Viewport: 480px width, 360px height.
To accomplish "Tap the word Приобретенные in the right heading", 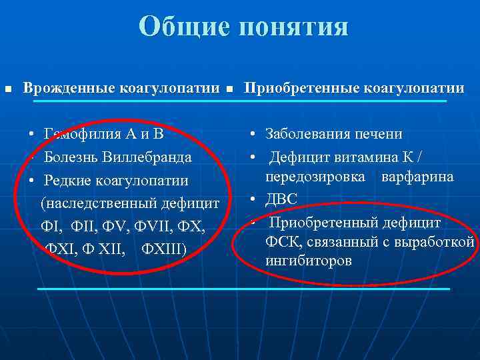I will point(300,88).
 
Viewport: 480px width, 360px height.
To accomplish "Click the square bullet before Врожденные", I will point(8,89).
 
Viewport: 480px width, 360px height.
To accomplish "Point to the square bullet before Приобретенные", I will point(230,89).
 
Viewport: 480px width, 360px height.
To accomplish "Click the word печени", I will point(379,133).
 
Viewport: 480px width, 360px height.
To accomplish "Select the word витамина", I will point(364,157).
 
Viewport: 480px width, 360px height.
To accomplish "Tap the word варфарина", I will point(418,177).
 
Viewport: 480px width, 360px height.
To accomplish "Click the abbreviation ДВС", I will point(281,199).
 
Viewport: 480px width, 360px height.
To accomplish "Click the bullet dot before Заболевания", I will point(254,134).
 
